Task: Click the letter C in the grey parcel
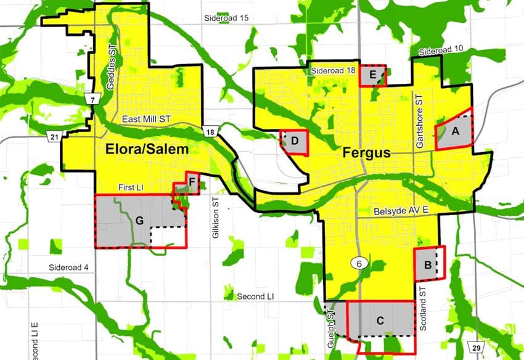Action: pos(380,321)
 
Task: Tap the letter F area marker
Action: pos(192,181)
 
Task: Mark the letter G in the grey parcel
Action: pos(140,220)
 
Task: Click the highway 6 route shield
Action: pos(358,263)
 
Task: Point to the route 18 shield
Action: pos(211,131)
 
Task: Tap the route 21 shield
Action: pos(54,136)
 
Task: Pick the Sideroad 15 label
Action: pos(226,18)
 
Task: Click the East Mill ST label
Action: pos(146,119)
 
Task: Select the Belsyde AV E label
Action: pos(399,211)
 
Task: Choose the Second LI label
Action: pos(255,297)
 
